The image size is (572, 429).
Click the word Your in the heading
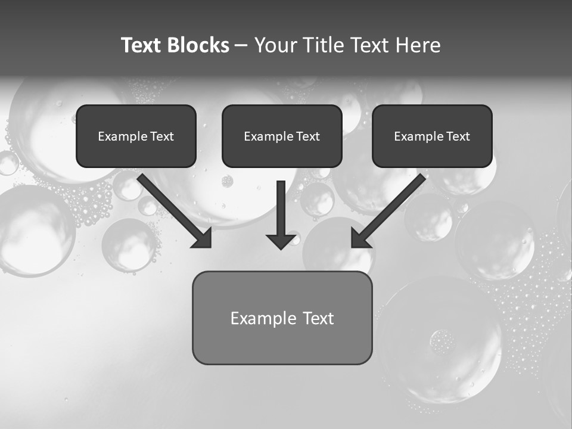coord(276,45)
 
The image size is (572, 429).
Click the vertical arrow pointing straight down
coord(281,209)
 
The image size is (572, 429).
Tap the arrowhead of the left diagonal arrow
coord(204,240)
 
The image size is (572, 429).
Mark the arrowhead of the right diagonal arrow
coord(359,240)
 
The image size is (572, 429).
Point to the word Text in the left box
coord(162,136)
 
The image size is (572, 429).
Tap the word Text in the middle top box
coord(308,136)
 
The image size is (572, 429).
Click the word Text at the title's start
coord(142,45)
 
